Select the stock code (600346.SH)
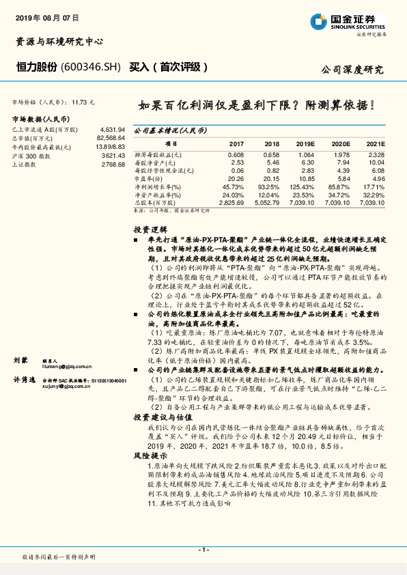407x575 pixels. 91,67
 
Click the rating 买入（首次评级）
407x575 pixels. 168,67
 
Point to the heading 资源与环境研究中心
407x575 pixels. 59,41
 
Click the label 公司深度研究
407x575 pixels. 352,70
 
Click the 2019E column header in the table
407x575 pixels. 305,145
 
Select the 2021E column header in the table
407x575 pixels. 376,145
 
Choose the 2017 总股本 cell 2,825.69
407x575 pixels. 230,203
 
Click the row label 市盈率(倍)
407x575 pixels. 149,178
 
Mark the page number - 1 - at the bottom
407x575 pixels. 203,549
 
